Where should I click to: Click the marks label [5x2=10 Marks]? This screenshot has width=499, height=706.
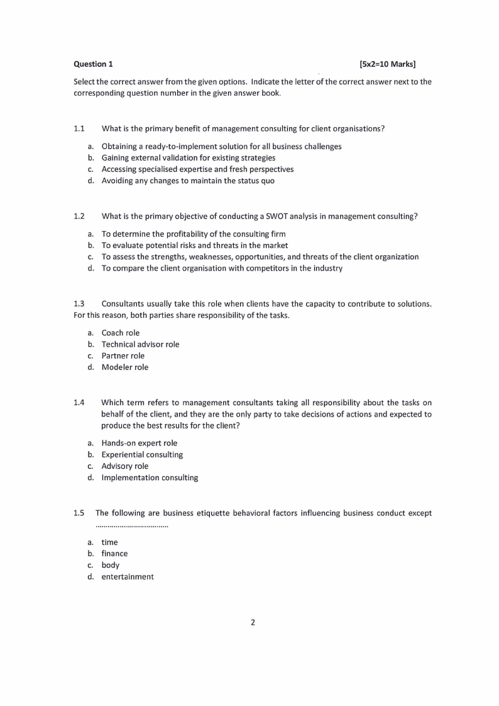388,64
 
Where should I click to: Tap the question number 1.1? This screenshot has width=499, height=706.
79,128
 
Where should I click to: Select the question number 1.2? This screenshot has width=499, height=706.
79,216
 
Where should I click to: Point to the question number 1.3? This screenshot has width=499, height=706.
79,304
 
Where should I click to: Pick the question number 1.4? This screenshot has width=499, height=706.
79,402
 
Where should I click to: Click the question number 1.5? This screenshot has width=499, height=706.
79,513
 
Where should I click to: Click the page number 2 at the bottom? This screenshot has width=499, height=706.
253,623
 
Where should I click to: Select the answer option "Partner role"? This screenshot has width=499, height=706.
123,356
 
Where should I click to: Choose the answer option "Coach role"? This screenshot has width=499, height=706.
121,333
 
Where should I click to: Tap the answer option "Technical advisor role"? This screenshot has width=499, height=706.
140,344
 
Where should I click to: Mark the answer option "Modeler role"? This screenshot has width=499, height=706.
125,367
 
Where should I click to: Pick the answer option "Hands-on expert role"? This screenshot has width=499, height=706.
140,443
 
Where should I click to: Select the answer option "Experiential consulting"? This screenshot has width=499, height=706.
142,454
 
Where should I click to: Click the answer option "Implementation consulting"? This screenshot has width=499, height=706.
150,478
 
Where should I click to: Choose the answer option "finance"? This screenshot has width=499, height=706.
114,554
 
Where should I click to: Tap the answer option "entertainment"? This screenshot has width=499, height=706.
128,576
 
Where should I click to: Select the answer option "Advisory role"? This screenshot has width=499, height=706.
125,466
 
